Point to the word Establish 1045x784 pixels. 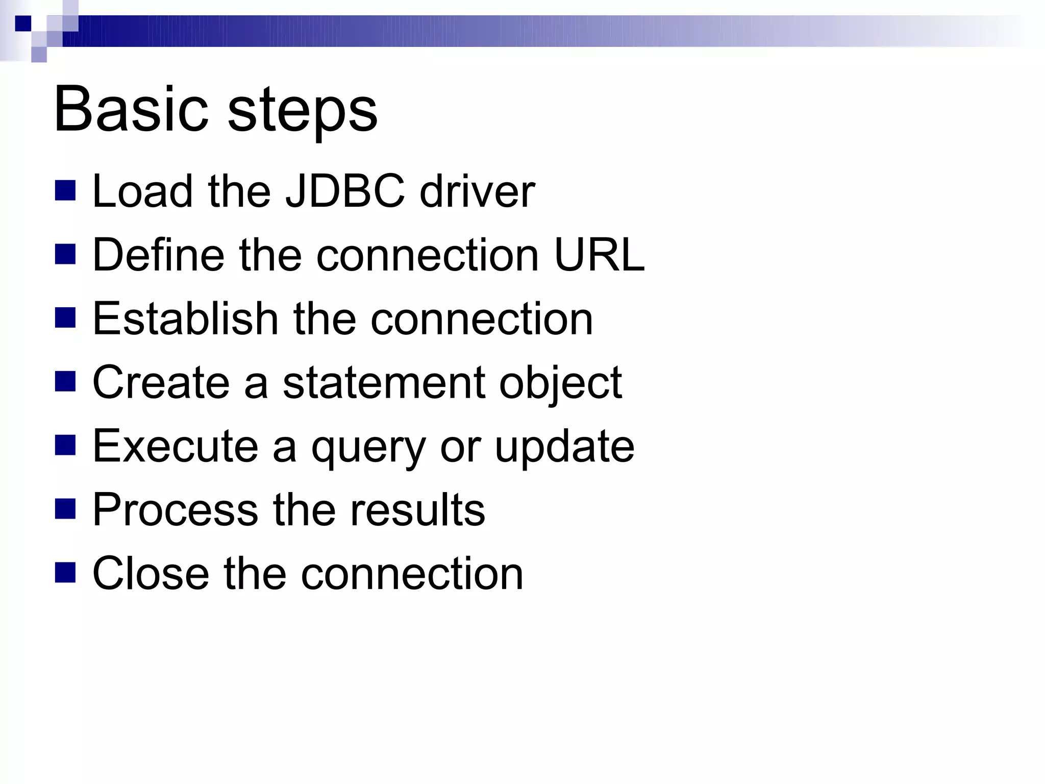click(x=185, y=318)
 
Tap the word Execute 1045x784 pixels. click(x=176, y=446)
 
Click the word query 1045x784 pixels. click(x=368, y=449)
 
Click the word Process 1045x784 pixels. click(x=176, y=510)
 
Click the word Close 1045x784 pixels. click(x=151, y=574)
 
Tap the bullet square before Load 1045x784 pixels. click(x=65, y=190)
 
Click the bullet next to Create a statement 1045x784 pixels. click(x=65, y=381)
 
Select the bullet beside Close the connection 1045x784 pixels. click(x=65, y=572)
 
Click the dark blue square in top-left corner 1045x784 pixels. click(x=23, y=23)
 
